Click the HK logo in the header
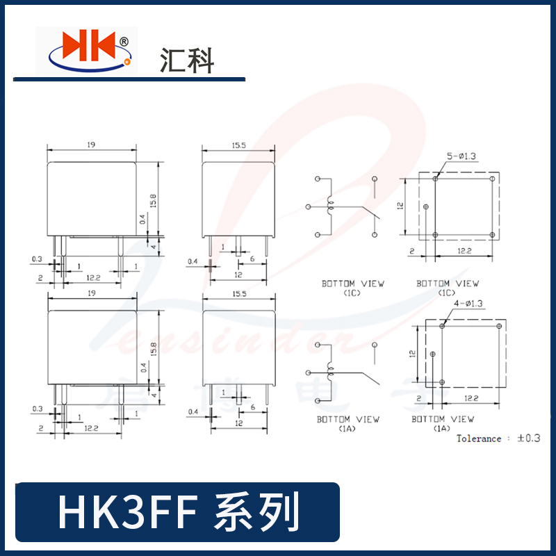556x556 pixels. coord(87,50)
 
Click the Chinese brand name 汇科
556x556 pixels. coord(186,60)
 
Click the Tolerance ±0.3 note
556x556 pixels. coord(498,439)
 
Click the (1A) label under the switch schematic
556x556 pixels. coord(347,430)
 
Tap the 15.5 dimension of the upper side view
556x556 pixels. coord(238,145)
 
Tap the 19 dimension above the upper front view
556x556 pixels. coord(91,145)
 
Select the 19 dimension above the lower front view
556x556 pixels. coord(91,295)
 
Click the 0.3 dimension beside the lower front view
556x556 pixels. coord(36,409)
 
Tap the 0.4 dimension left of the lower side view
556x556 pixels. coord(193,412)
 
